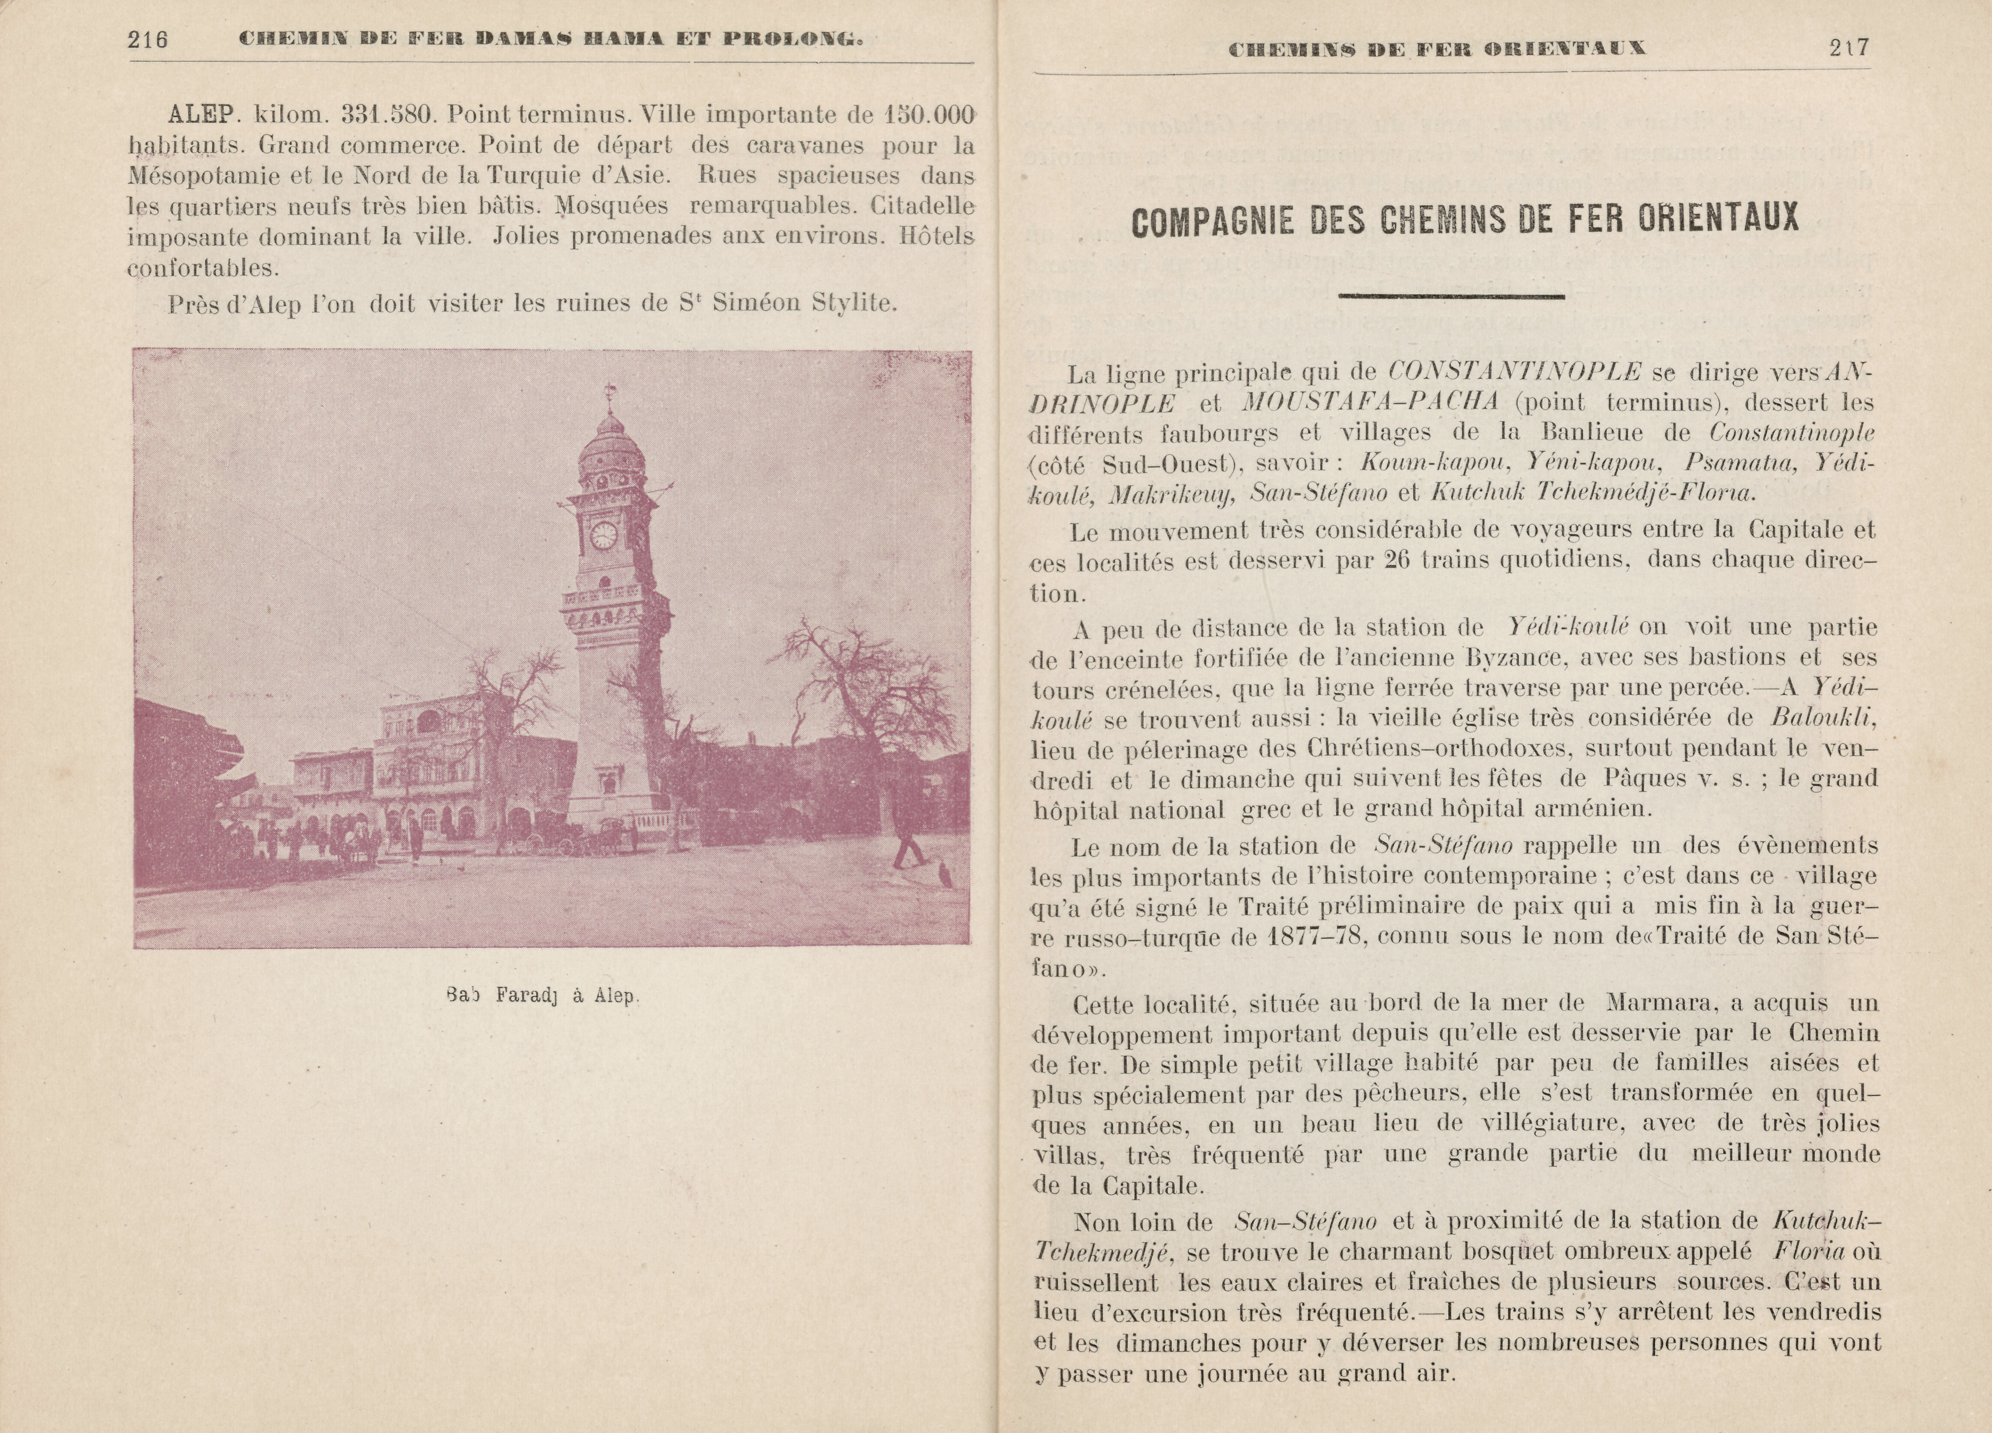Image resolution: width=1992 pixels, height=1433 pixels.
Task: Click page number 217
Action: click(1850, 47)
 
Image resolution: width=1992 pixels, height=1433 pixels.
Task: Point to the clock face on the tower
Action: click(603, 535)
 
